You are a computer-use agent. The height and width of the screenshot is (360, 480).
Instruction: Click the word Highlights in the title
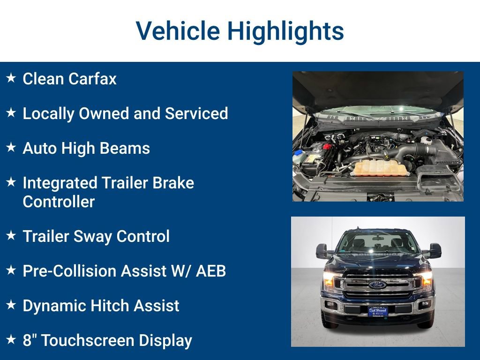285,31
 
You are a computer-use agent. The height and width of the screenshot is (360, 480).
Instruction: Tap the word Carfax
92,79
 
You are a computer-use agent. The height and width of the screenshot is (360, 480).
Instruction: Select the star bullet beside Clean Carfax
11,78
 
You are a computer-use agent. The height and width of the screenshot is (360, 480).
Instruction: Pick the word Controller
59,202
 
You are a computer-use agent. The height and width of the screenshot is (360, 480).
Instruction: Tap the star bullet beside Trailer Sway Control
11,236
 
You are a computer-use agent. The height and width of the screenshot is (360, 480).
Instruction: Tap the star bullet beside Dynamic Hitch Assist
11,305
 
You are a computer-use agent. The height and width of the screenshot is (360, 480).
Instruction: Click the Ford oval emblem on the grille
377,285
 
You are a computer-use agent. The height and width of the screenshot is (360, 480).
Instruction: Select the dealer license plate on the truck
377,310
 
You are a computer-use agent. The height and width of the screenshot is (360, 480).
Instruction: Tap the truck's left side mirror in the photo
322,251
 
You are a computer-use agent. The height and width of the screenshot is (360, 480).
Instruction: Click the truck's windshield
377,243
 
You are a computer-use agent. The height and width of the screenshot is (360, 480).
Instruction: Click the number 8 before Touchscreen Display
26,341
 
